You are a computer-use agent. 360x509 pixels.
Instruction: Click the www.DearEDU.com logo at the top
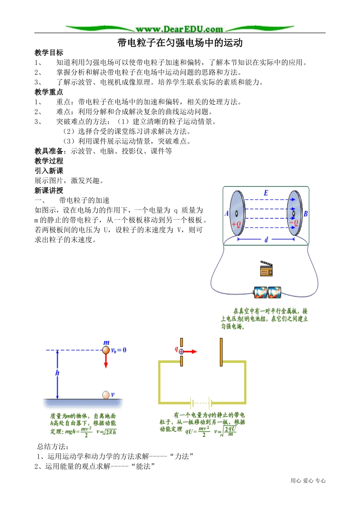click(179, 29)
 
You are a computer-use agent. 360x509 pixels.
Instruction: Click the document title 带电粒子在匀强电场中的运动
click(180, 43)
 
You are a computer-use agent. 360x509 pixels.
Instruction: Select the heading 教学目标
click(49, 53)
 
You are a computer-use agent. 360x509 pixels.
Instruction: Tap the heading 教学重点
click(49, 92)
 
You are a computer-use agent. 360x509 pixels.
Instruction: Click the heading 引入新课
click(49, 171)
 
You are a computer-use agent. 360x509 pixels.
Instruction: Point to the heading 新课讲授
click(49, 190)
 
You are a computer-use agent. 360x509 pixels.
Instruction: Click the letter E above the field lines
click(266, 193)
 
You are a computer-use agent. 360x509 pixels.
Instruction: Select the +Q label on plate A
click(236, 224)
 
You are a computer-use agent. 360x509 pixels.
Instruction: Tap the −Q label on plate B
click(294, 223)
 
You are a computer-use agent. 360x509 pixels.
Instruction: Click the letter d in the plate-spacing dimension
click(266, 240)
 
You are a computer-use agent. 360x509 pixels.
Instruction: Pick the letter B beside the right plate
click(305, 214)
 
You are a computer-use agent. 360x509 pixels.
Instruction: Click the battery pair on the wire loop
click(267, 292)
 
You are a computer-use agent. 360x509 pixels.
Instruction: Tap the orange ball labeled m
click(106, 350)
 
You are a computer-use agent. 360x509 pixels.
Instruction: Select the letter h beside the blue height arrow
click(57, 373)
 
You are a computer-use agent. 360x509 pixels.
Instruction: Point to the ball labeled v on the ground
click(106, 395)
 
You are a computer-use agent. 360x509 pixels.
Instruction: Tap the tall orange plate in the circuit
click(221, 353)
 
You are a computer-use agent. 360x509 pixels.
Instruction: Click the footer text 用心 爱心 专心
click(308, 481)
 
